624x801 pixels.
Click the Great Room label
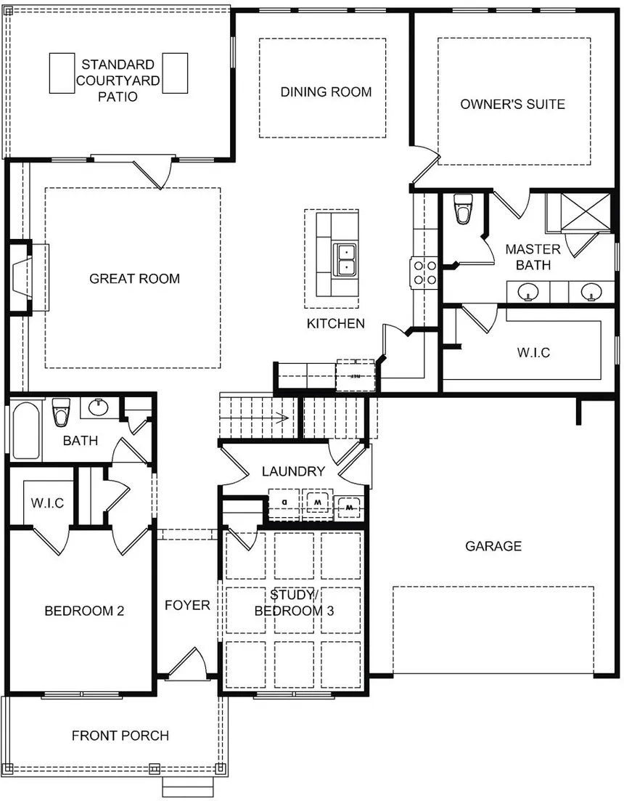point(134,278)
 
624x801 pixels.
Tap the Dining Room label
point(326,92)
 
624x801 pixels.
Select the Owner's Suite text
point(512,104)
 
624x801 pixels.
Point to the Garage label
point(493,546)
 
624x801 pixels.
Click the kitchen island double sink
point(345,259)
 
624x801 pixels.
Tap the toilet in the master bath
point(461,210)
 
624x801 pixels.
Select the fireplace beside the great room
point(20,278)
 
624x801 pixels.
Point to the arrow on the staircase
point(279,418)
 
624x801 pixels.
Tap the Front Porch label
point(120,736)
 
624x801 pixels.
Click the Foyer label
point(186,605)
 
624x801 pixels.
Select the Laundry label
point(293,471)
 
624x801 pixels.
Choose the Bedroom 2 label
point(84,611)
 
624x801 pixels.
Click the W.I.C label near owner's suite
point(533,353)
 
